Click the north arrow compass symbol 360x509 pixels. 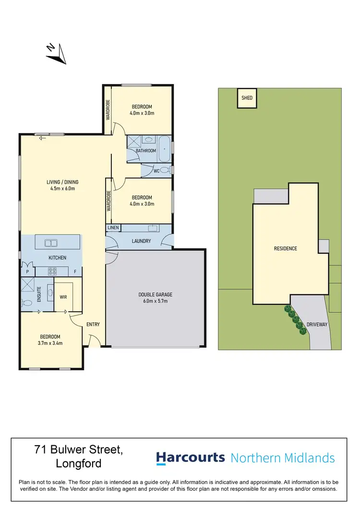(x=56, y=53)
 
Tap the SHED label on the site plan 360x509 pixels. (x=247, y=98)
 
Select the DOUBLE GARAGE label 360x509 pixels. (x=156, y=295)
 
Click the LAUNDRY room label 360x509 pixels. (x=141, y=241)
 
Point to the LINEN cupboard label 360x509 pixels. (x=113, y=227)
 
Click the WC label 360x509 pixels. (x=156, y=170)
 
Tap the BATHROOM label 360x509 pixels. (x=146, y=151)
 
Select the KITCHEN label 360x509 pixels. (x=57, y=258)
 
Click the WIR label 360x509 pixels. (x=63, y=297)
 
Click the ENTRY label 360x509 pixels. (x=93, y=324)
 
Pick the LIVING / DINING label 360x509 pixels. (x=62, y=182)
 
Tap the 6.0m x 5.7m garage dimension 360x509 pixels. (x=156, y=301)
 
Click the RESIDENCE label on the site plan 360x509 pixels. (x=285, y=249)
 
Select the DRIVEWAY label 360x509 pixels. (x=317, y=324)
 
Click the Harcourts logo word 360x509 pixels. (x=190, y=457)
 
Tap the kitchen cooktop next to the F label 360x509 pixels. (x=53, y=272)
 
